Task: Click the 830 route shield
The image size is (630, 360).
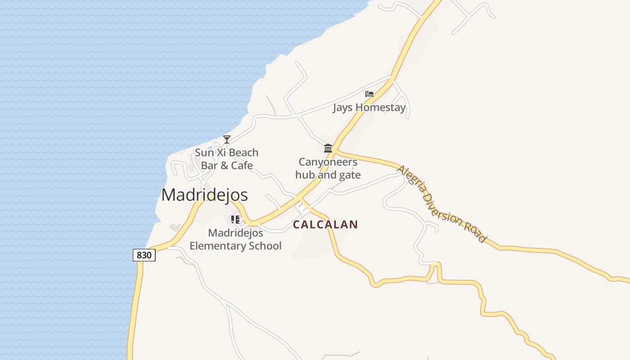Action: [144, 255]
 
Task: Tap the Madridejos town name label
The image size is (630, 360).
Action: [204, 195]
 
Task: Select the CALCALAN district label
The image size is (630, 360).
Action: [325, 225]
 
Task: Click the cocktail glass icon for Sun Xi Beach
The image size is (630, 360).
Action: [227, 139]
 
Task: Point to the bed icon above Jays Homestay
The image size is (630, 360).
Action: [369, 94]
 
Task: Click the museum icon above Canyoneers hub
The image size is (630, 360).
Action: [328, 148]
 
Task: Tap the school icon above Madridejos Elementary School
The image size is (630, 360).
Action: [235, 220]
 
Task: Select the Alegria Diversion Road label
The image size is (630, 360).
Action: [441, 203]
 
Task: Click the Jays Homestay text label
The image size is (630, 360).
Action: [369, 108]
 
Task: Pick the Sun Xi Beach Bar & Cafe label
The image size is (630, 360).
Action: [227, 159]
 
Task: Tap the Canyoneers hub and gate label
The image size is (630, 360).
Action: [328, 168]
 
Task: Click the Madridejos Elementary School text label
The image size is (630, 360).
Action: [235, 239]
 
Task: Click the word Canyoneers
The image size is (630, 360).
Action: [328, 162]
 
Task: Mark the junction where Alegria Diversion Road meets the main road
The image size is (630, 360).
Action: [336, 151]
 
